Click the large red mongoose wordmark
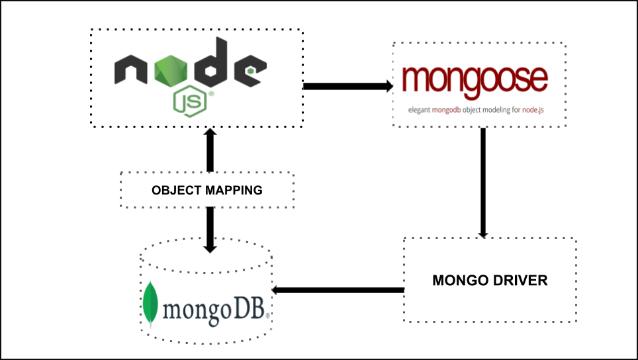point(476,77)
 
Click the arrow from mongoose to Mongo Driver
point(483,183)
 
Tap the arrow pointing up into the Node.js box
point(210,150)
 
